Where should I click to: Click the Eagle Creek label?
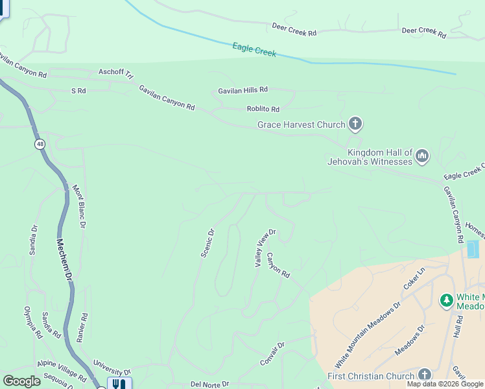254,50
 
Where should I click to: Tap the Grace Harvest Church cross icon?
355,123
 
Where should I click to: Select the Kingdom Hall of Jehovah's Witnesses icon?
422,156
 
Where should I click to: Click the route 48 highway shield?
40,145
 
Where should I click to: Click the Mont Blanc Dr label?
78,207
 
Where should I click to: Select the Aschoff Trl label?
115,72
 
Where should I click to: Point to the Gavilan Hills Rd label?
242,90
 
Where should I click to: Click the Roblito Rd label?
263,109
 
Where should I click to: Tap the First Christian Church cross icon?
424,375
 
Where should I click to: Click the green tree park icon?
446,300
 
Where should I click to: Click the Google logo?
21,381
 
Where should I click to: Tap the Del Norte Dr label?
210,384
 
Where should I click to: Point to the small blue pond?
472,249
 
